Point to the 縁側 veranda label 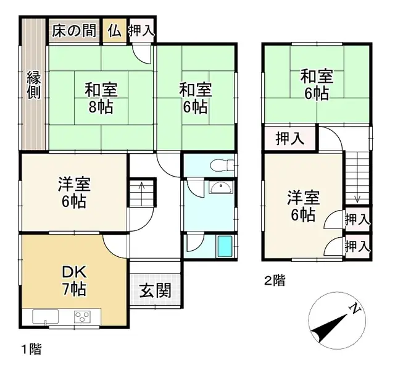(x=34, y=85)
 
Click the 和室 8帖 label (x=101, y=97)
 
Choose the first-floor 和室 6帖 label (x=196, y=97)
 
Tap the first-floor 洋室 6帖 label (x=75, y=192)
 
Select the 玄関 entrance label (x=155, y=290)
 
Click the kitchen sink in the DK (x=46, y=317)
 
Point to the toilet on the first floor (x=218, y=165)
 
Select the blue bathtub (x=225, y=247)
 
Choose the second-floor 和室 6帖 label (x=317, y=85)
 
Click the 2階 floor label (x=275, y=282)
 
